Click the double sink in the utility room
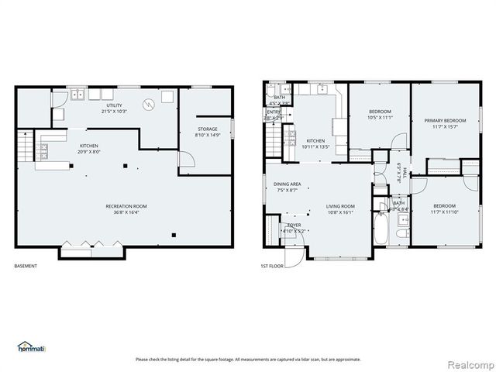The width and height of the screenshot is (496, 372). [x=77, y=95]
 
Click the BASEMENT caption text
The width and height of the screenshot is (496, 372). [x=26, y=266]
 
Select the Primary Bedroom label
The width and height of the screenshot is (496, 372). [x=445, y=124]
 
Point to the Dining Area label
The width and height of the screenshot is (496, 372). [x=287, y=187]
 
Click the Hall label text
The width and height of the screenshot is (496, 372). [x=398, y=172]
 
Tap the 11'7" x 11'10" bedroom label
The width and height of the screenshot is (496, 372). [x=445, y=208]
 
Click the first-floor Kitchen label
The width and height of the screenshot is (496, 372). [x=315, y=143]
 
